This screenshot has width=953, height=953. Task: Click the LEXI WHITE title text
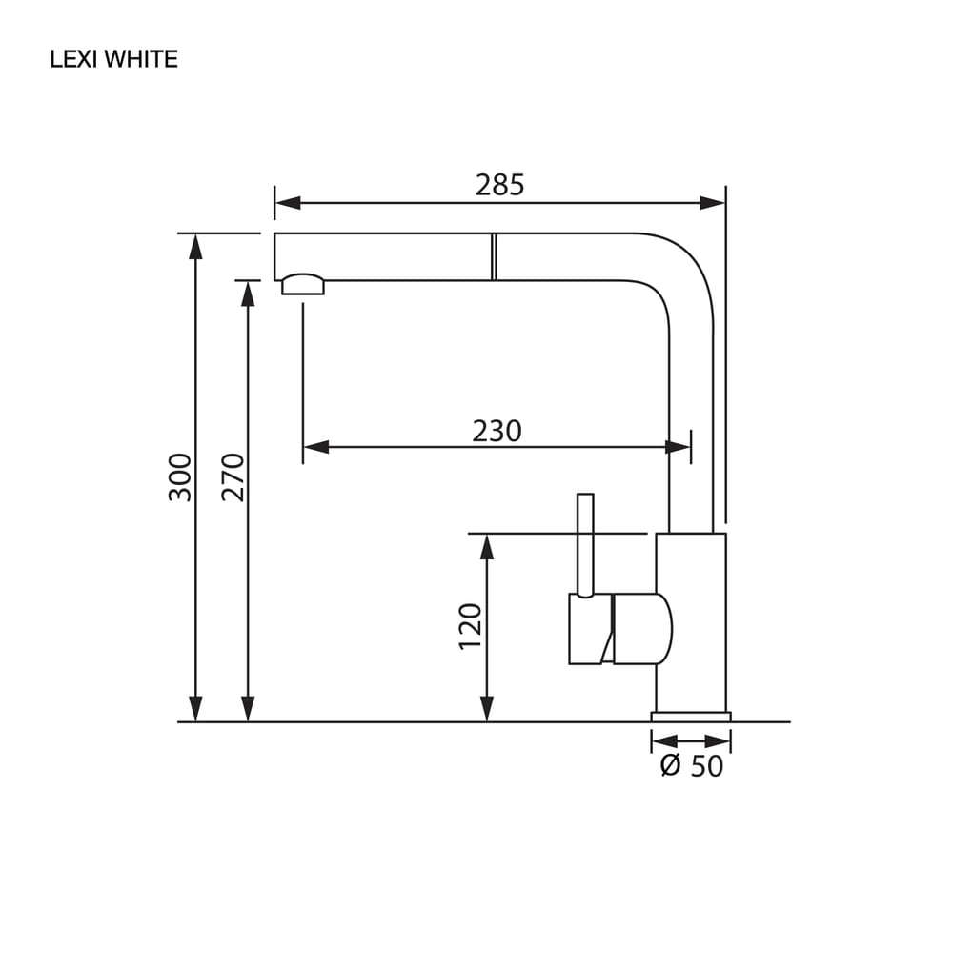pos(113,59)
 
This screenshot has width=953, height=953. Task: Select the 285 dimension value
pos(499,185)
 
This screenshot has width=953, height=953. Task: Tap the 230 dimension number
pos(497,431)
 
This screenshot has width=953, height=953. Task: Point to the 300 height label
pos(180,477)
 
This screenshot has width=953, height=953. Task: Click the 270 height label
pos(233,477)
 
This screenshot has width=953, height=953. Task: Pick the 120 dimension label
pos(471,627)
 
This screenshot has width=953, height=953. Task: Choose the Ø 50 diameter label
pos(692,766)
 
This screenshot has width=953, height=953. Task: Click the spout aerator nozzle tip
pos(303,284)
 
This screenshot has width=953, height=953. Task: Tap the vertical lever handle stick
pos(585,545)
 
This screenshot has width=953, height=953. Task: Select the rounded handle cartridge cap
pos(642,628)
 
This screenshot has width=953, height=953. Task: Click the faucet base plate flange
pos(691,718)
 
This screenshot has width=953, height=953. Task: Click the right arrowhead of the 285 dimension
pos(712,203)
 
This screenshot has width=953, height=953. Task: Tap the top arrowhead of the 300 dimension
pos(195,247)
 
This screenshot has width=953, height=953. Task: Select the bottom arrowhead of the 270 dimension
pos(248,709)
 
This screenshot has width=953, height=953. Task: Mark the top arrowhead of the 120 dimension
pos(487,547)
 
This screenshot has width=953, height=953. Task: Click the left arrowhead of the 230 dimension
pos(316,447)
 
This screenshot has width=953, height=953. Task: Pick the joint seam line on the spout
pos(494,256)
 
